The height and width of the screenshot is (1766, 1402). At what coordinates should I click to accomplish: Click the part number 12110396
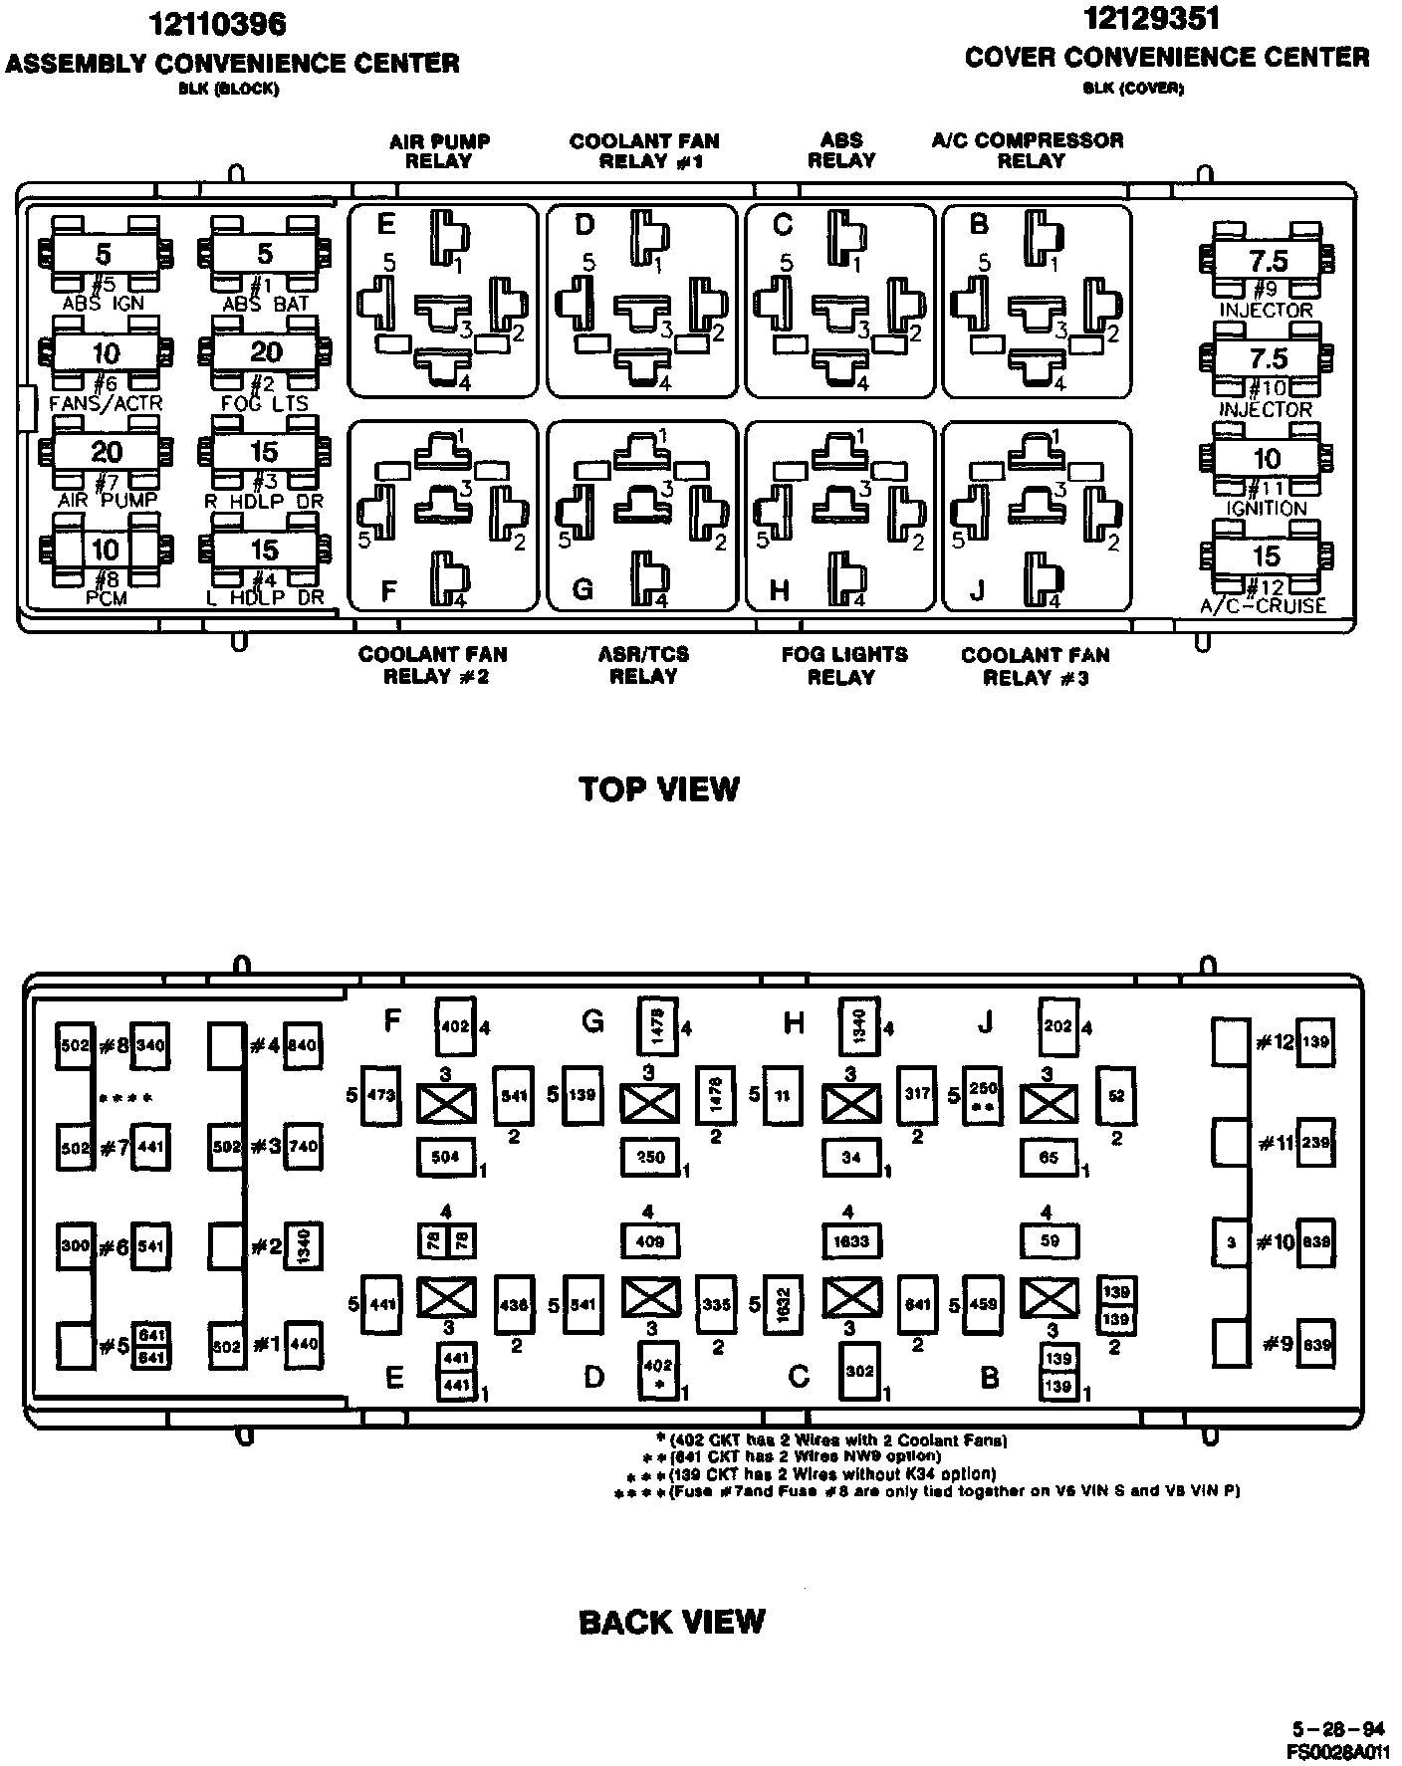click(217, 24)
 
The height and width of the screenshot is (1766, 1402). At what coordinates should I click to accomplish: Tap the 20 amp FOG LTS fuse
click(265, 351)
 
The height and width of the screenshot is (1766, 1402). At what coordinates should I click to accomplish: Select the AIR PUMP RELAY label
click(439, 150)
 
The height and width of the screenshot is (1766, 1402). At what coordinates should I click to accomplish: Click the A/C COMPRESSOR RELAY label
click(1028, 150)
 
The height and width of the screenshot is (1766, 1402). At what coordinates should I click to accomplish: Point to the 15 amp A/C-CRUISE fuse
click(1266, 556)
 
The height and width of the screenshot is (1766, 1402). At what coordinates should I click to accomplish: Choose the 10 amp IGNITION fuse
click(1266, 458)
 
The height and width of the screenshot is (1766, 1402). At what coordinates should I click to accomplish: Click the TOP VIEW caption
click(659, 789)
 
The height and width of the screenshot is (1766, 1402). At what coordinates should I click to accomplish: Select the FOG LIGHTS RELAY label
click(843, 665)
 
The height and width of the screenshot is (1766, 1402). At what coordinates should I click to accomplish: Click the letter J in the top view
click(977, 590)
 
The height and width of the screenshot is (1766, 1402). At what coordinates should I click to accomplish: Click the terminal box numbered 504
click(445, 1157)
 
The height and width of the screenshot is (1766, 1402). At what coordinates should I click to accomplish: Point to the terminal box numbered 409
click(649, 1241)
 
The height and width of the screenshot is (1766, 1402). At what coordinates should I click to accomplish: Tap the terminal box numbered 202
click(1057, 1026)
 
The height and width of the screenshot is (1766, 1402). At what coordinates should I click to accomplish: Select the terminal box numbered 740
click(302, 1146)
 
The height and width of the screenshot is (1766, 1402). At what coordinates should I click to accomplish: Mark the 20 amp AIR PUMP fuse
click(107, 452)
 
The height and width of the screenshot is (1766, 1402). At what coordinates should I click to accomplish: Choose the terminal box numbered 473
click(381, 1096)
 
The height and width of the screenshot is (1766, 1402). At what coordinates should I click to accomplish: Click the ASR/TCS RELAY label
click(643, 665)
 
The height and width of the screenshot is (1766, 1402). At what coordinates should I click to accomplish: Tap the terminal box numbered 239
click(1315, 1143)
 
